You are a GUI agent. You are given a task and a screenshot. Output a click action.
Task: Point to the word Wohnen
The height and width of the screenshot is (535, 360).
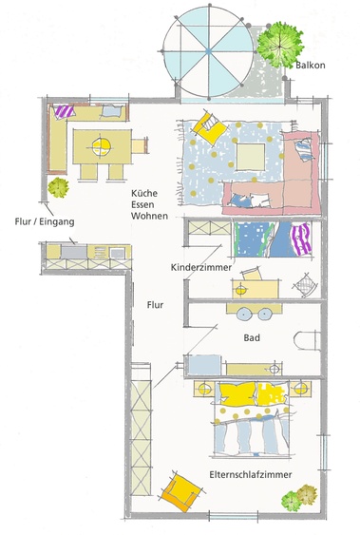pos(150,216)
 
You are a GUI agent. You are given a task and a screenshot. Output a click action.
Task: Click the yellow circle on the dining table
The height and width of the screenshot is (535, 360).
pos(102,144)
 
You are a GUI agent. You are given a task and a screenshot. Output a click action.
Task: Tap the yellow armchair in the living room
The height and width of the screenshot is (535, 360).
pos(207,126)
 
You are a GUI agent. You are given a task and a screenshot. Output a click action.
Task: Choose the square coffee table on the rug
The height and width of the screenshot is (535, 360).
pos(252,155)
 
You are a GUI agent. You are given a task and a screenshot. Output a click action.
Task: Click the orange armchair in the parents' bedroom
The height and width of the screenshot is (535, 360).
pos(181,491)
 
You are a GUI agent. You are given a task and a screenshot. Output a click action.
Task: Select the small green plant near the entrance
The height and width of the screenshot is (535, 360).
pos(59,187)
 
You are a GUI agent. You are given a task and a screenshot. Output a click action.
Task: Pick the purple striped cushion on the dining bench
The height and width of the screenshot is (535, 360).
pos(63,111)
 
